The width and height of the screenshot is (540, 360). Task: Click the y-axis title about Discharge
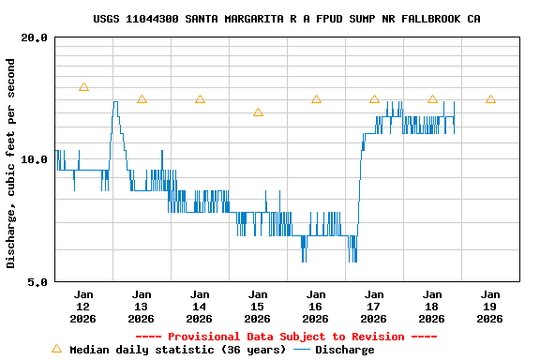point(11,163)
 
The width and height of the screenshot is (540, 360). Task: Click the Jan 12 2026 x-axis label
point(83,307)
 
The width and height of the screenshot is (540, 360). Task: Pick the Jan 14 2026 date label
point(200,307)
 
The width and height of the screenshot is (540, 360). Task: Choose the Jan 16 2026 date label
point(316,307)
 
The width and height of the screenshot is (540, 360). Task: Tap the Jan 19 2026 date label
point(490,307)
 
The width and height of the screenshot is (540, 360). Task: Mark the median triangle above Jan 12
point(83,87)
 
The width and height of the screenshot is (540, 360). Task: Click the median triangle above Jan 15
point(258,112)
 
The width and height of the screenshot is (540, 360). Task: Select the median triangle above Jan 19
point(490,98)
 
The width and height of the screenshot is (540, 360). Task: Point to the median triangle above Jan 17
point(374,98)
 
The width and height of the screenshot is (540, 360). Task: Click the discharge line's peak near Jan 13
point(115,102)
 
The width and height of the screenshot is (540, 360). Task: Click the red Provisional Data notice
point(286,337)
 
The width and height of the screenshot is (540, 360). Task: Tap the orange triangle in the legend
point(56,349)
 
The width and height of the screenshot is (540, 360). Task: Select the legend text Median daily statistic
point(177,350)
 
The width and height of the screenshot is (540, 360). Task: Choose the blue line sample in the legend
point(301,350)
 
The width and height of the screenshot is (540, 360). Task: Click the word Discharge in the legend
point(344,350)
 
